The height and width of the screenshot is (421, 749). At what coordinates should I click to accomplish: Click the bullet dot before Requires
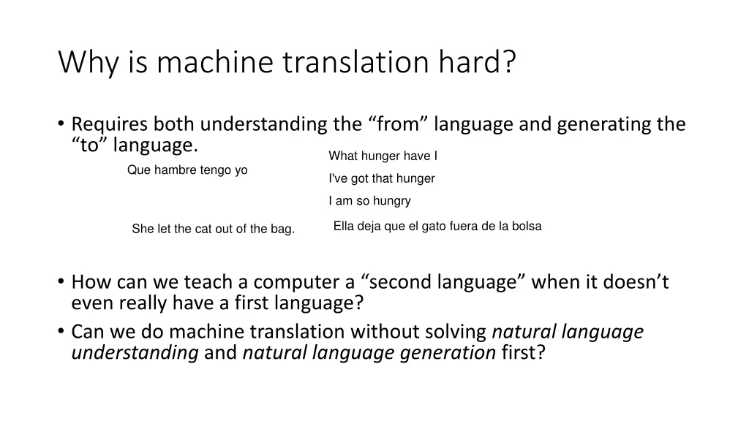point(61,124)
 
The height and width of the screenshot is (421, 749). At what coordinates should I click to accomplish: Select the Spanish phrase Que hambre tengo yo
point(187,170)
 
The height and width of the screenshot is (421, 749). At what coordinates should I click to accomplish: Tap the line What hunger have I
point(383,156)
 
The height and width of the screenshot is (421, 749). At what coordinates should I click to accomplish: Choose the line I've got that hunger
point(382,178)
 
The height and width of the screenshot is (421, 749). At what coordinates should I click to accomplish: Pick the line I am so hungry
point(369,201)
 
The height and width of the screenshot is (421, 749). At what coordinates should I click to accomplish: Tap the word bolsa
point(526,227)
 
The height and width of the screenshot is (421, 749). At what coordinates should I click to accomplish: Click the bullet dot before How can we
point(61,282)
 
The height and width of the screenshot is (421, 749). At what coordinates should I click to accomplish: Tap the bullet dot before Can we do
point(61,332)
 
